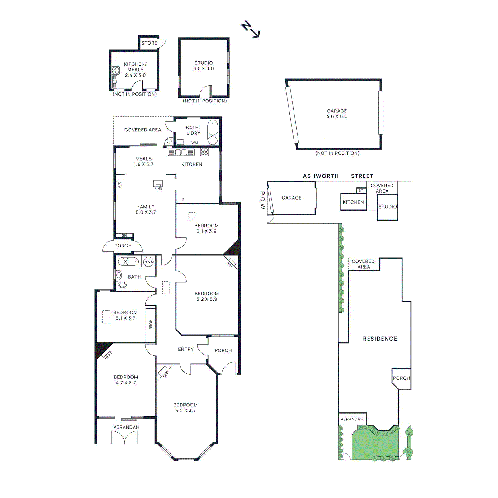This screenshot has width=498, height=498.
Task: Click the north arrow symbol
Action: [x=250, y=30]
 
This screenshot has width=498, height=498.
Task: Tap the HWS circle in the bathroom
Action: [x=148, y=262]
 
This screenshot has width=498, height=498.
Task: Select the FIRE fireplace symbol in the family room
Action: [x=158, y=185]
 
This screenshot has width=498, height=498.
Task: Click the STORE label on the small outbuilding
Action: [x=149, y=43]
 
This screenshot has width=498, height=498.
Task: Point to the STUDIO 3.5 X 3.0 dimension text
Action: [x=204, y=68]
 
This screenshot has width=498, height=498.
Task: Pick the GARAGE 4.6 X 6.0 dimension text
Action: [x=337, y=116]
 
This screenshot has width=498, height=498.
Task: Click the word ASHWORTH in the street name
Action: [x=321, y=176]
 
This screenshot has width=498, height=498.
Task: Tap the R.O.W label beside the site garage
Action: [x=262, y=200]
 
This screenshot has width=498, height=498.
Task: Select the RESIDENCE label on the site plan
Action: [x=380, y=339]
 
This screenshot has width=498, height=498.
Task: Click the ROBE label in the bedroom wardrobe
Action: [x=151, y=324]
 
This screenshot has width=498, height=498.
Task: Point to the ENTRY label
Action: [x=186, y=349]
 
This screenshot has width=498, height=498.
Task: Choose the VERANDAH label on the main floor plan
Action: [x=126, y=427]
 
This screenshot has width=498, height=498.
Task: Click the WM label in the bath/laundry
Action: [x=195, y=143]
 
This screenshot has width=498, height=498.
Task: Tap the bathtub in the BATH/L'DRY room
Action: [x=213, y=132]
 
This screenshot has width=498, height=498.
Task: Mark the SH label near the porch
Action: [x=124, y=235]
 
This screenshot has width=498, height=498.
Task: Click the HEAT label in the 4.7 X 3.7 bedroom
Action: [x=108, y=355]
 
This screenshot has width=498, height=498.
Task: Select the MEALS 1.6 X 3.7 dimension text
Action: [x=143, y=164]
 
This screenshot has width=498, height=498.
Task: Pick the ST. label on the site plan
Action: [x=361, y=190]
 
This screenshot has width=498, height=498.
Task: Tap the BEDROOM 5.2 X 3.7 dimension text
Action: [x=186, y=411]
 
